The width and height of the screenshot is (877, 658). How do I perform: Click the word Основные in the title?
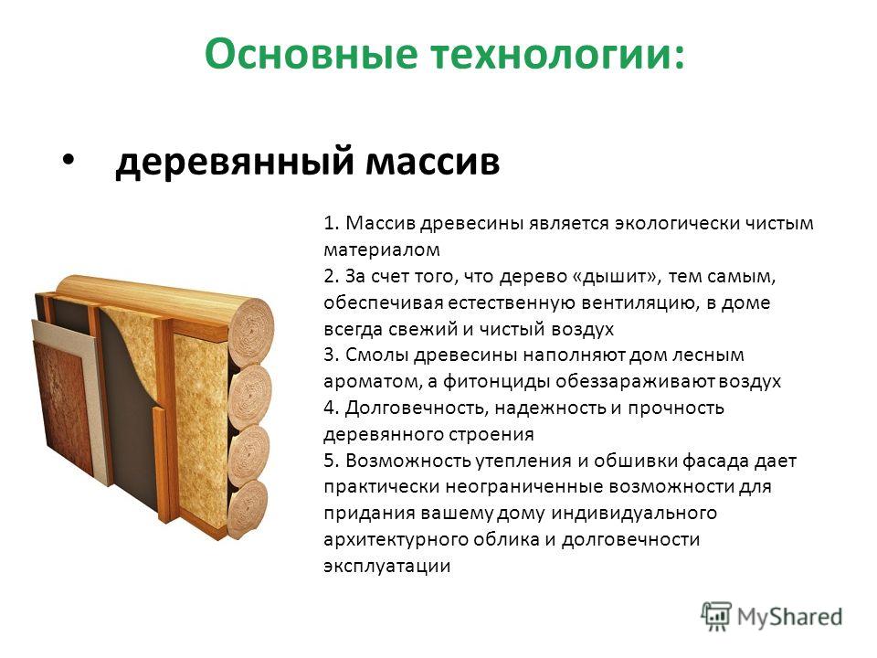coord(311,53)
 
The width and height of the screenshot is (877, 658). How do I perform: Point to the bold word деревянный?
coord(235,162)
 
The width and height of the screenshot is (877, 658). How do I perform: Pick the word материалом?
coord(382,249)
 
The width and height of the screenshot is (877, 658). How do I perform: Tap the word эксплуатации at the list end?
coord(387,567)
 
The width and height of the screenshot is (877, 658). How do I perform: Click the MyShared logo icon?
coord(716,617)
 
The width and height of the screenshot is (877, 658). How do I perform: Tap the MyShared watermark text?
coord(789,617)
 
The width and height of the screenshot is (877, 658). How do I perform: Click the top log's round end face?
coord(252,330)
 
